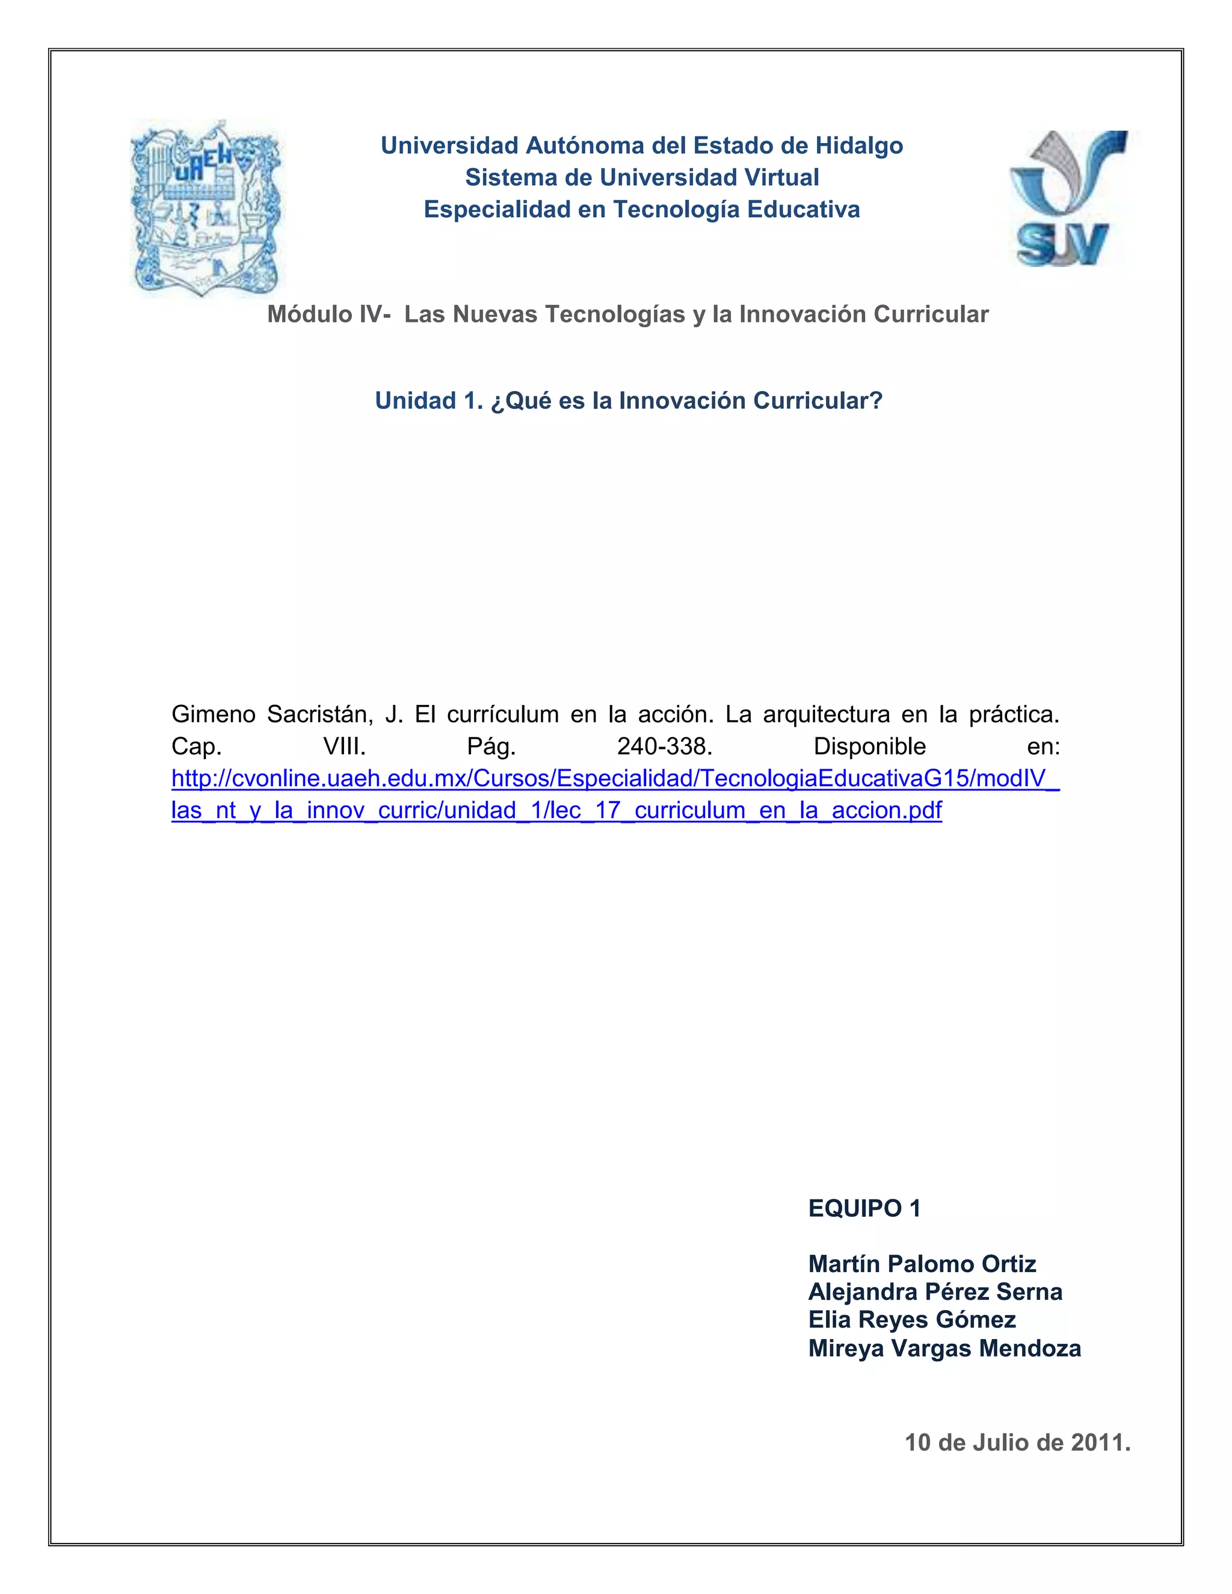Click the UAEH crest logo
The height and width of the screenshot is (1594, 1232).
[x=206, y=209]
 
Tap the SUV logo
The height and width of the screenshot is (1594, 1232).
[x=1067, y=198]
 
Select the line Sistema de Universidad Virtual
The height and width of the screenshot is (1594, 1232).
[x=642, y=177]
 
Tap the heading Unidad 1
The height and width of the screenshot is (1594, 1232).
[x=427, y=401]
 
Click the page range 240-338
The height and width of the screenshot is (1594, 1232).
[x=664, y=746]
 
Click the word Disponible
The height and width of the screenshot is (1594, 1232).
[x=869, y=746]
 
